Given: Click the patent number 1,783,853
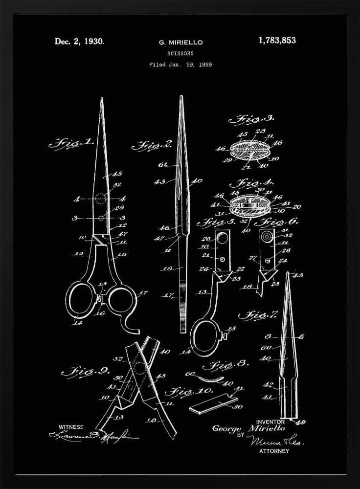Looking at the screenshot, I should click(x=277, y=41).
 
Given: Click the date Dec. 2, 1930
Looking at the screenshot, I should click(x=79, y=42).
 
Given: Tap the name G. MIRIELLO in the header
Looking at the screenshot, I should click(x=180, y=43).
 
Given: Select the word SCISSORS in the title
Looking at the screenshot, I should click(x=180, y=53).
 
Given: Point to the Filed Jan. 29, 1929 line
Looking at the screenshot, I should click(x=180, y=65).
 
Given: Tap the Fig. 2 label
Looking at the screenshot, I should click(x=152, y=145).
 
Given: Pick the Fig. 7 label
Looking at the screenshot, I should click(x=258, y=315).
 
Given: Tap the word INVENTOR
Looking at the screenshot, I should click(x=270, y=422).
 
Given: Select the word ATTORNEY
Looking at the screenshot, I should click(x=274, y=451).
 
